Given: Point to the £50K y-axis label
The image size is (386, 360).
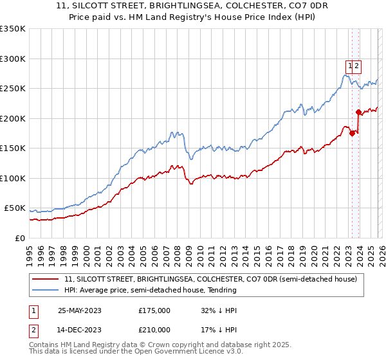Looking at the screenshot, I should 14,208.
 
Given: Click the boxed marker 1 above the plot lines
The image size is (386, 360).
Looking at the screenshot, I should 350,65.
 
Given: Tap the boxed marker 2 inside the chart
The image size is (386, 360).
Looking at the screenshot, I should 356,65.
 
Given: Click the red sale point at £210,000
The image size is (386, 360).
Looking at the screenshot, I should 358,113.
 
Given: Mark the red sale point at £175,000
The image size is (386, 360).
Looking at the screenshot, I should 352,134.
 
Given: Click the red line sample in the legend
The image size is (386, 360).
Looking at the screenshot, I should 46,280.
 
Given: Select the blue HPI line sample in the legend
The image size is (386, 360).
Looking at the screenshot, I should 46,290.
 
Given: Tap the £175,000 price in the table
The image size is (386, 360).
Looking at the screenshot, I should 154,310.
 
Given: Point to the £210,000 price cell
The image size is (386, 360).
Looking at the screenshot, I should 154,330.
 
